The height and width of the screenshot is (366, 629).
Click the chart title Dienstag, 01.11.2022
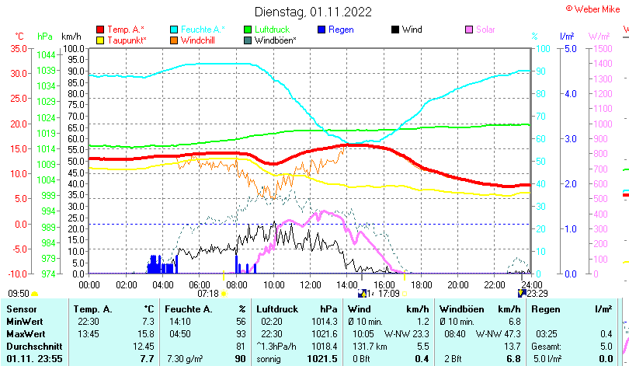point(313,12)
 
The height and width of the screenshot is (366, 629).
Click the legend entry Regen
point(341,30)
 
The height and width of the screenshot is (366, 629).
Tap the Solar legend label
point(485,30)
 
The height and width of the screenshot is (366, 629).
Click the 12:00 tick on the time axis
point(310,284)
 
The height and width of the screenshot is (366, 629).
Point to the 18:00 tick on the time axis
point(421,284)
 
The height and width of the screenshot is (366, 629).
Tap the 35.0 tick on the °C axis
point(17,48)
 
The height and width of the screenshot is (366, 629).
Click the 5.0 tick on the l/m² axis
point(569,48)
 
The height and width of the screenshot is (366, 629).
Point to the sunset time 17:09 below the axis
point(388,293)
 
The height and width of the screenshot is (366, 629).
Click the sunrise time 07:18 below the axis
point(208,293)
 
